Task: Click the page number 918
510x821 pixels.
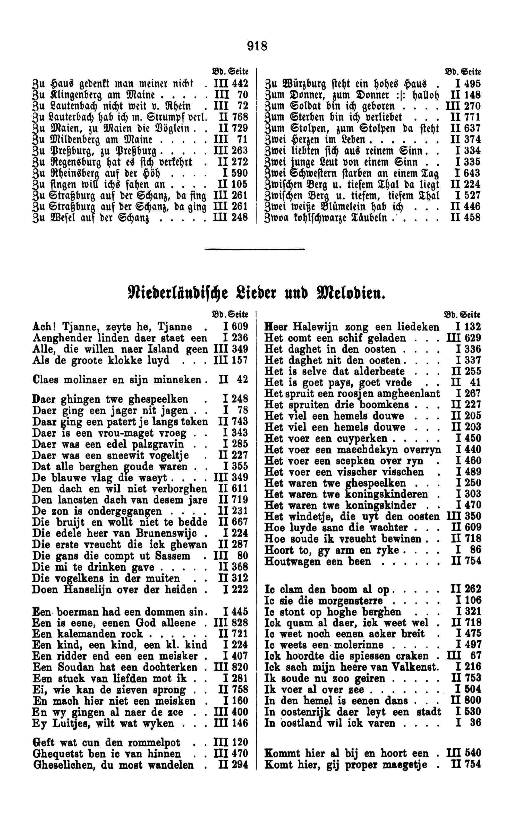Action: (257, 46)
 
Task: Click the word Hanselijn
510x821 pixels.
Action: (89, 590)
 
